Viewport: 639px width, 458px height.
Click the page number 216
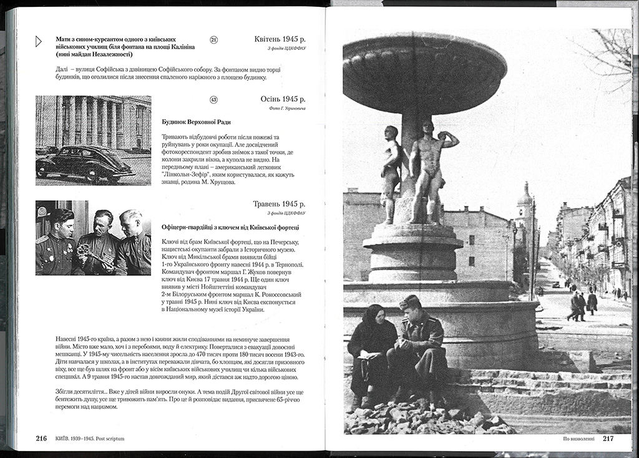click(x=41, y=438)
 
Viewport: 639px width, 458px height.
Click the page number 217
click(x=608, y=438)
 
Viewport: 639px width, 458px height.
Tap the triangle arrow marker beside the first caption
click(x=39, y=42)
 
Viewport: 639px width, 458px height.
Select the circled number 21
click(x=213, y=40)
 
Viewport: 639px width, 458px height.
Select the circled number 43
click(x=213, y=99)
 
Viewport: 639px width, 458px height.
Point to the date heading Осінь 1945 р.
click(x=283, y=99)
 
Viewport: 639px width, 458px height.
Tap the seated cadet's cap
click(x=409, y=301)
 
